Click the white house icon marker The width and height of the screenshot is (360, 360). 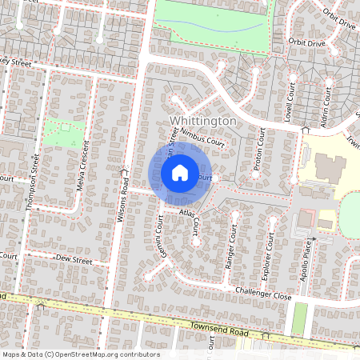coord(180,173)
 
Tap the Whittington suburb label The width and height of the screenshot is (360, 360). coord(204,120)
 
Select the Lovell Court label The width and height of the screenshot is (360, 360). coord(292,100)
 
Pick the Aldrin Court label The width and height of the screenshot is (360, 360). coord(326,103)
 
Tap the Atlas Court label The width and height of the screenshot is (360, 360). coord(192,214)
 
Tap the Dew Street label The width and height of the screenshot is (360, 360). coord(75,260)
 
